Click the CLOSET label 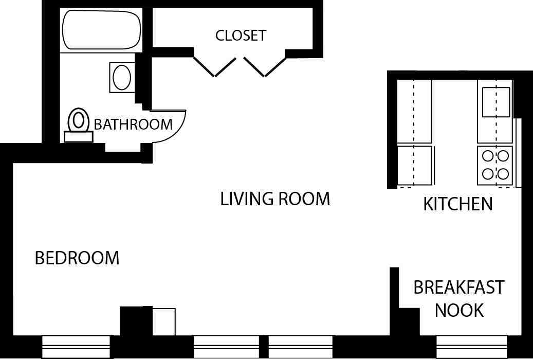[x=241, y=35]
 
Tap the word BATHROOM [x=133, y=124]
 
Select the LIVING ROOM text [x=275, y=199]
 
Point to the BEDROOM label [x=77, y=258]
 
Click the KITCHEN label [x=457, y=204]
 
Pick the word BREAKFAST [x=459, y=287]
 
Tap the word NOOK [x=459, y=310]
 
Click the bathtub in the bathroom [x=101, y=29]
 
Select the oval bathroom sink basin [x=122, y=78]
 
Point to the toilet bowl [x=78, y=120]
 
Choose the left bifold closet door [x=214, y=66]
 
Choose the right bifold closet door [x=265, y=66]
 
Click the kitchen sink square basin [x=495, y=102]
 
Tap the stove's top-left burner [x=487, y=155]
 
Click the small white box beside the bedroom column [x=164, y=321]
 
